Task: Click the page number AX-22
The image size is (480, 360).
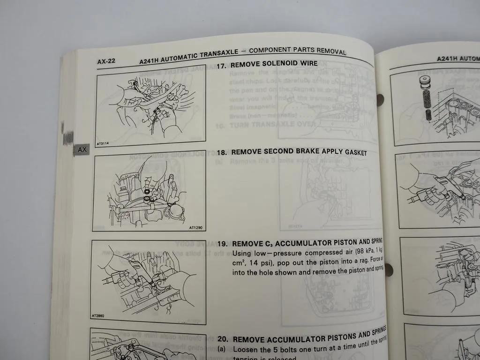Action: coord(106,61)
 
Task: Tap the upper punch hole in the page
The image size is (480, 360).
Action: coord(379,99)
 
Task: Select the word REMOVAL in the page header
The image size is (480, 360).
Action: coord(330,52)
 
